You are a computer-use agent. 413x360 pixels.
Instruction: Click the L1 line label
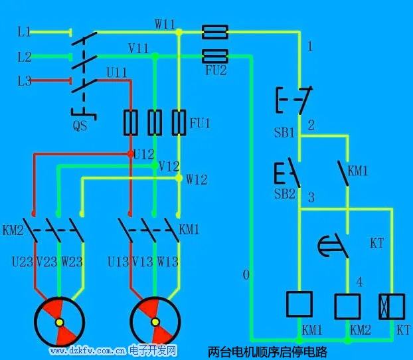pyautogui.click(x=24, y=32)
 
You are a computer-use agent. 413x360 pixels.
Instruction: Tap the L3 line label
pyautogui.click(x=24, y=81)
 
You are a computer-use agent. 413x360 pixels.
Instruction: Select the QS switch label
pyautogui.click(x=80, y=124)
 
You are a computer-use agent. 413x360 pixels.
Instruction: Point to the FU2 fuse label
pyautogui.click(x=214, y=70)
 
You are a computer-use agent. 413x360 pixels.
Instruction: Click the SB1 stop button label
pyautogui.click(x=284, y=132)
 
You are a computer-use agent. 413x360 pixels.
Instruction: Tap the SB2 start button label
pyautogui.click(x=284, y=194)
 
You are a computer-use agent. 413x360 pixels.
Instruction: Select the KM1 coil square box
pyautogui.click(x=299, y=304)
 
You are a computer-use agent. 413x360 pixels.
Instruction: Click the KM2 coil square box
pyautogui.click(x=347, y=306)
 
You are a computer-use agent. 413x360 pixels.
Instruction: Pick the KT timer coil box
pyautogui.click(x=392, y=306)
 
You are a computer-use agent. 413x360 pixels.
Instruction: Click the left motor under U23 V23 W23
pyautogui.click(x=59, y=322)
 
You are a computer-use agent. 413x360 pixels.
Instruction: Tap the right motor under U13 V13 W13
pyautogui.click(x=155, y=322)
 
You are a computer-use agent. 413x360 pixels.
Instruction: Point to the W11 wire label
pyautogui.click(x=165, y=25)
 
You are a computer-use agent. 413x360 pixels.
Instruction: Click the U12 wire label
pyautogui.click(x=143, y=154)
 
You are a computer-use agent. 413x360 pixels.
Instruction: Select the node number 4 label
pyautogui.click(x=359, y=282)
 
